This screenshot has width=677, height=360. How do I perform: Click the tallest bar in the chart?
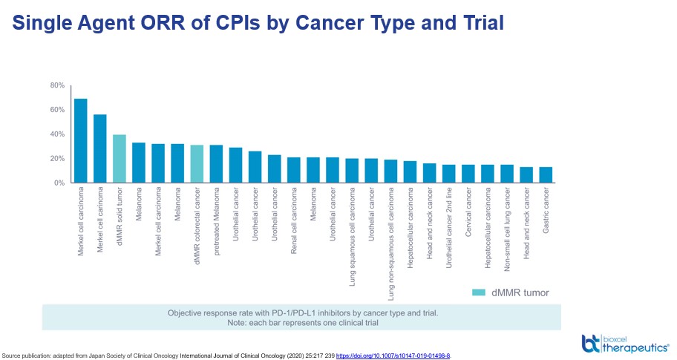pyautogui.click(x=80, y=141)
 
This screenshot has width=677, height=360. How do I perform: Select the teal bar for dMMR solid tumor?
pyautogui.click(x=119, y=159)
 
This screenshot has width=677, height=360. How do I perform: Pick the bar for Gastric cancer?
pyautogui.click(x=546, y=175)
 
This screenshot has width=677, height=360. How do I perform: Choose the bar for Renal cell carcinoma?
pyautogui.click(x=294, y=170)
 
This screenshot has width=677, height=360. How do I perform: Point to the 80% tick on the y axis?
pyautogui.click(x=57, y=85)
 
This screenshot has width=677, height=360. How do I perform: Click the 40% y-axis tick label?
pyautogui.click(x=57, y=134)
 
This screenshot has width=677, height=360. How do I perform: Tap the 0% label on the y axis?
pyautogui.click(x=59, y=183)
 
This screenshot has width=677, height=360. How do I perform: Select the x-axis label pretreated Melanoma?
pyautogui.click(x=217, y=222)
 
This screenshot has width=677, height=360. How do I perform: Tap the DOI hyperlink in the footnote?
pyautogui.click(x=393, y=356)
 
